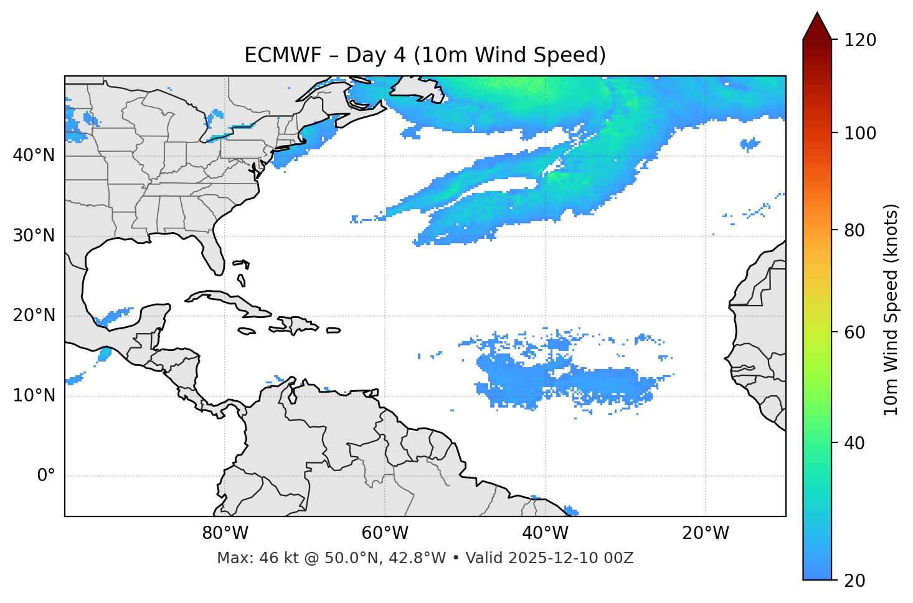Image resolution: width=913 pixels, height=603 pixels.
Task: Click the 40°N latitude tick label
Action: pos(34,156)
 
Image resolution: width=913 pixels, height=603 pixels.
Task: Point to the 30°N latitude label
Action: pos(34,236)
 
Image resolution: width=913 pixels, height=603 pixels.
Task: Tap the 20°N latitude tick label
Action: pos(34,316)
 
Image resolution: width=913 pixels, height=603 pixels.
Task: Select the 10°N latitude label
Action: pos(34,396)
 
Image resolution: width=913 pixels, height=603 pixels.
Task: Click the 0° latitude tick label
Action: pos(46,476)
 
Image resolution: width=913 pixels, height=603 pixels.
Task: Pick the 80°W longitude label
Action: pos(225,533)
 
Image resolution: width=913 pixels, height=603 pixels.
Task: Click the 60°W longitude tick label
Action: pos(385,533)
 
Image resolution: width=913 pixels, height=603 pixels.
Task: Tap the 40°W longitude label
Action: pos(546,533)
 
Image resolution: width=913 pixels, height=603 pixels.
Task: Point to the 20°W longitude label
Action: pos(706,533)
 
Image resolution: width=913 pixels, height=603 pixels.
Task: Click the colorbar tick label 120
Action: pos(860,40)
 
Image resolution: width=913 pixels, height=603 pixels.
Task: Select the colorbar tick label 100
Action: pos(860,133)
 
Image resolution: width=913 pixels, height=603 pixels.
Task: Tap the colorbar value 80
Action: pos(854,230)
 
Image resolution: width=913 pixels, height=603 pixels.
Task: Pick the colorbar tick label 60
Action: pos(854,332)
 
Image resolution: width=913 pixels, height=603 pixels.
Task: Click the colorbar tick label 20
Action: pos(854,581)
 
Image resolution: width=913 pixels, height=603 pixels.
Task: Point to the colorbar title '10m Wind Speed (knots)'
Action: pos(891,309)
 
